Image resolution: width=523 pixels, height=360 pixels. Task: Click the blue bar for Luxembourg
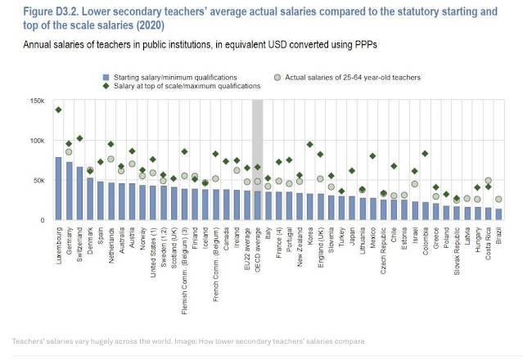tap(58, 189)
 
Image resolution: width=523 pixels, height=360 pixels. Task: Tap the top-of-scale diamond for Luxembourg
tap(58, 110)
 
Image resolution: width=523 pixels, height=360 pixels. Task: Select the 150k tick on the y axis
tap(38, 101)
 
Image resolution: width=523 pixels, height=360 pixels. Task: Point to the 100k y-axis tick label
tap(38, 141)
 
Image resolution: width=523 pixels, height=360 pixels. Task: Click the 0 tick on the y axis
tap(43, 220)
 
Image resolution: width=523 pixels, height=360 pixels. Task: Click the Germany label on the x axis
tap(69, 243)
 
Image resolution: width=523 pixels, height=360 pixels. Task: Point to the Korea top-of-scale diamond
tap(310, 145)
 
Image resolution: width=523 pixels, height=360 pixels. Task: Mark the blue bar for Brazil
tap(498, 214)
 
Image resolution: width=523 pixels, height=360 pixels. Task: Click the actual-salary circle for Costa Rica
tap(488, 181)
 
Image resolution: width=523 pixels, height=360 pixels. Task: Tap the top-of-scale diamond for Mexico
tap(372, 155)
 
